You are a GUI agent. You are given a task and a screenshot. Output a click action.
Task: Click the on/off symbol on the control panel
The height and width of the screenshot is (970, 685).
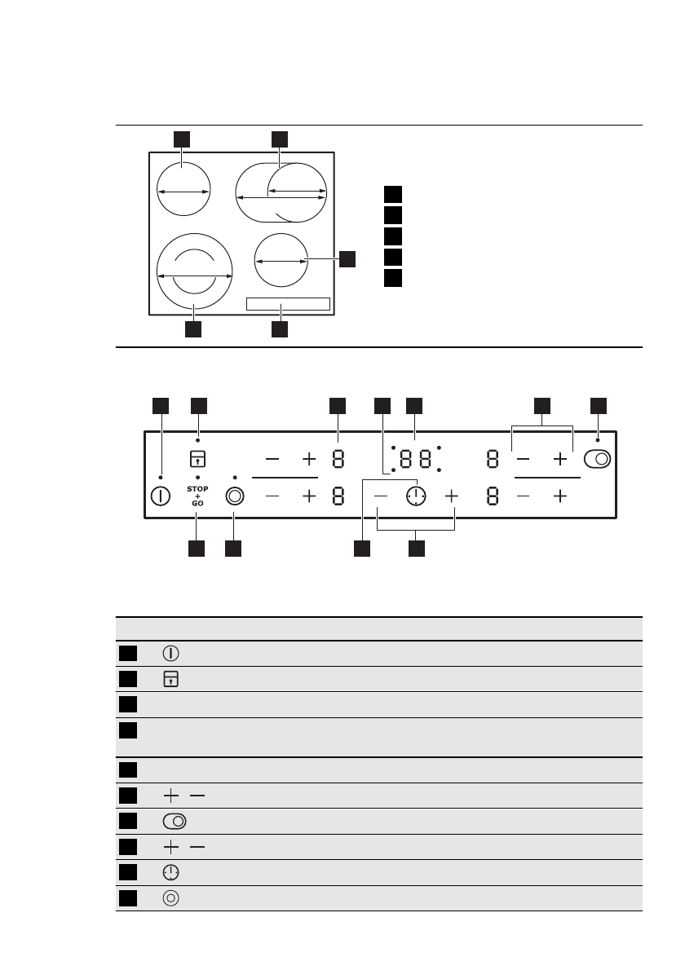(x=161, y=496)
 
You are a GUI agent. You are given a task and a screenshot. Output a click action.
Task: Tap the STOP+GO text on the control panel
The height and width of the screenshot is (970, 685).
(x=197, y=496)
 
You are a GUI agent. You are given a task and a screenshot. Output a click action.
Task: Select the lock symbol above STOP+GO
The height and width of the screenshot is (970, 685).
(x=197, y=458)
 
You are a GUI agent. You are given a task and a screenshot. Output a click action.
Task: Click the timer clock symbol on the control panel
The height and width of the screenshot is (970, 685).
(x=416, y=496)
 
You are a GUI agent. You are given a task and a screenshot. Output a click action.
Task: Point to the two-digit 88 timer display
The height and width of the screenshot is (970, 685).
(x=416, y=459)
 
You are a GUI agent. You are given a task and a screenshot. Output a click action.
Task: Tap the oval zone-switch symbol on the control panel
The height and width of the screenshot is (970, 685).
(x=598, y=459)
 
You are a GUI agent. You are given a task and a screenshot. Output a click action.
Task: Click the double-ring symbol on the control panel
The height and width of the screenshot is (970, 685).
(x=235, y=496)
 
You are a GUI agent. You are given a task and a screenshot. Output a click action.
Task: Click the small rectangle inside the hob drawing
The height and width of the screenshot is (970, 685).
(x=288, y=304)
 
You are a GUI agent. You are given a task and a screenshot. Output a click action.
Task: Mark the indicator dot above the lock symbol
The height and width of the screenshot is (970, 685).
(x=197, y=440)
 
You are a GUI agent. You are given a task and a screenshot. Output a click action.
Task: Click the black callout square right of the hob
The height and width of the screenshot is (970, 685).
(x=348, y=258)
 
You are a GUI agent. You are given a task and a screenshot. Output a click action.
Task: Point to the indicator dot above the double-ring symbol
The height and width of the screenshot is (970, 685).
(x=235, y=477)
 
